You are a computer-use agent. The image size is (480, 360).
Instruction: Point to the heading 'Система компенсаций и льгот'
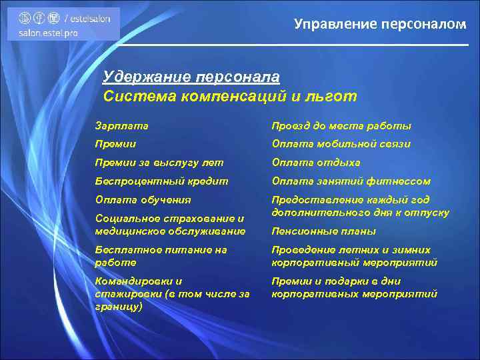[230, 96]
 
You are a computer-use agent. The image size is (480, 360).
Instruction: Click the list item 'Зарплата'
[122, 125]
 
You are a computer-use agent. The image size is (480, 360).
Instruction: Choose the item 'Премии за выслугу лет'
[159, 162]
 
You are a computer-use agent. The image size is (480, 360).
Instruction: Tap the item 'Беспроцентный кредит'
[161, 181]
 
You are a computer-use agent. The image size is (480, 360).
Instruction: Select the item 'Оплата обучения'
[143, 199]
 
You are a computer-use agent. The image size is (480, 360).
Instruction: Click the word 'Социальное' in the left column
[129, 218]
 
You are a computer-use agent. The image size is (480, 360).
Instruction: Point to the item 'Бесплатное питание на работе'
[161, 256]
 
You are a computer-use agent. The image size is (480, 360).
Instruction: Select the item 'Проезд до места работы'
[341, 125]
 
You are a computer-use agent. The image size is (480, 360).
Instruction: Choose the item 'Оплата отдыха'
[316, 162]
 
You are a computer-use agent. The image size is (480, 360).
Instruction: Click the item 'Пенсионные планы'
[324, 231]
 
